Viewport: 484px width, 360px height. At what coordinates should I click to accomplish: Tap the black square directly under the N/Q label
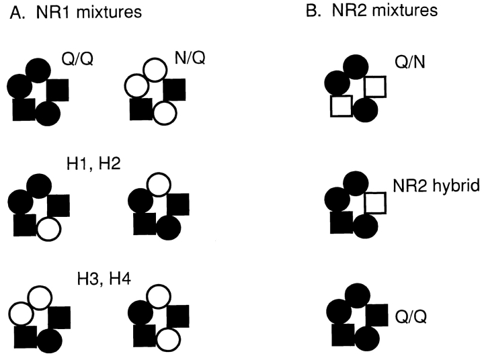point(174,89)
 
